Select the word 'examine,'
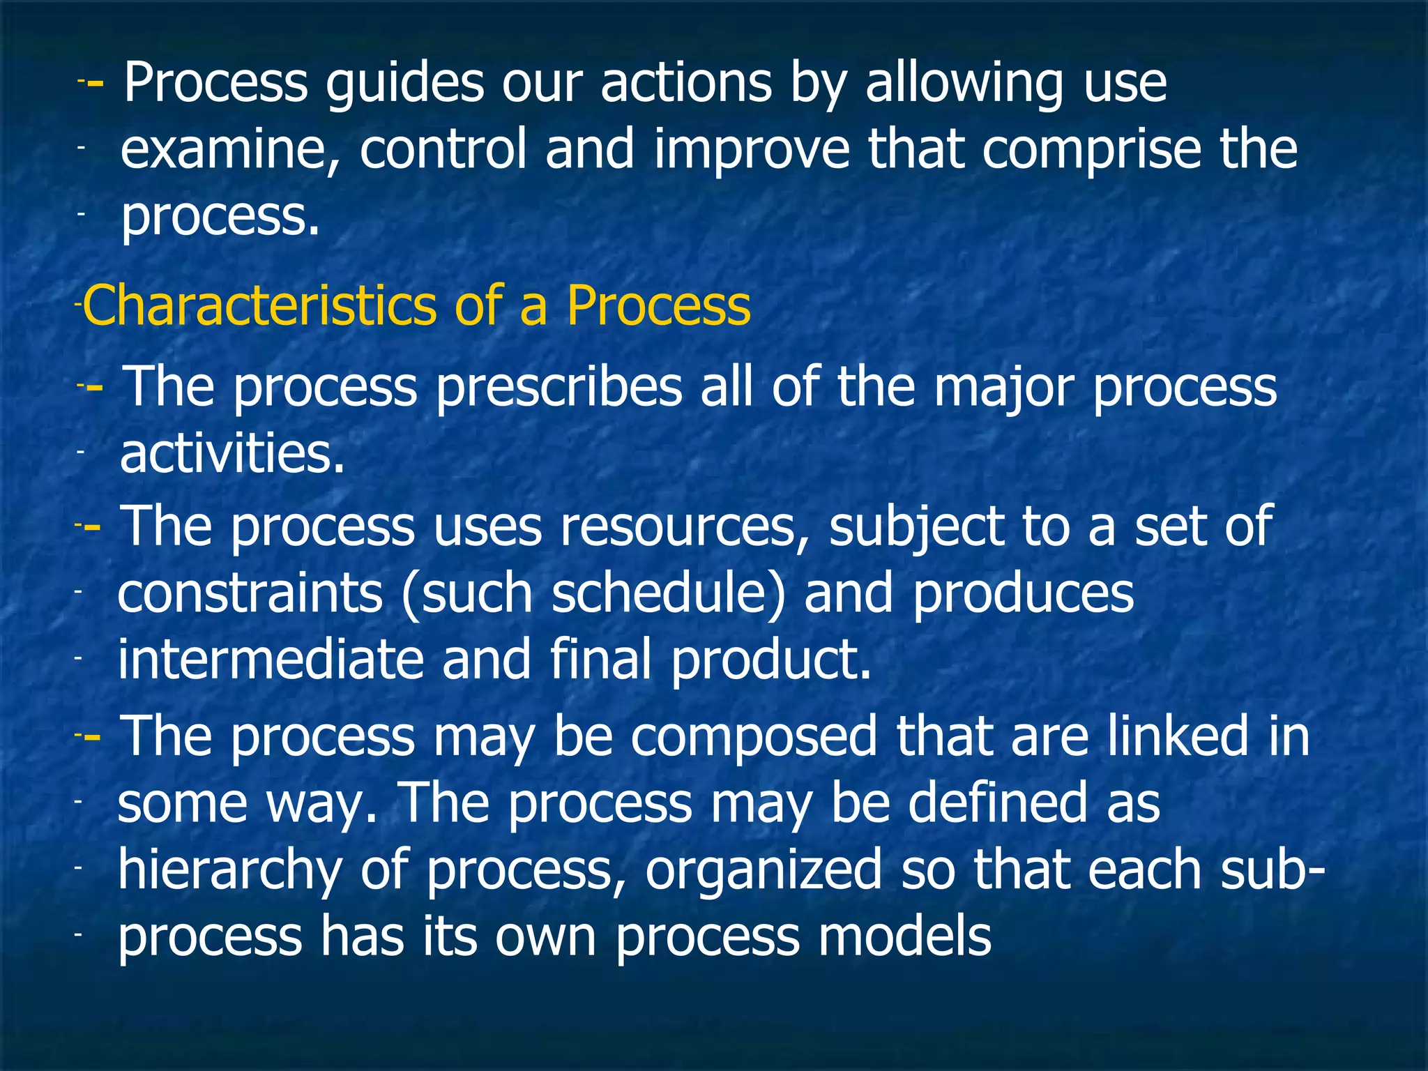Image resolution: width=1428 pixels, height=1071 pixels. pos(230,151)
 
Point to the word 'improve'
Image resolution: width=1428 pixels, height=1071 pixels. pos(752,151)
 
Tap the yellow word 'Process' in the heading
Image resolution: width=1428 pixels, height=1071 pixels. pos(658,305)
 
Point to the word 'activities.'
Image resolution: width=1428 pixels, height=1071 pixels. pos(233,454)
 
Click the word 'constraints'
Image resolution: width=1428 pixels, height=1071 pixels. pos(250,593)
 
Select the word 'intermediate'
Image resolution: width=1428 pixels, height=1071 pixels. pos(271,660)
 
